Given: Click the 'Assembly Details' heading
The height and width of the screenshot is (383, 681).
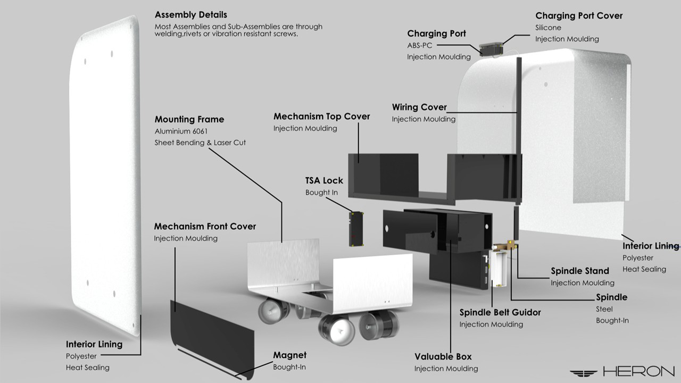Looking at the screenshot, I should (190, 15).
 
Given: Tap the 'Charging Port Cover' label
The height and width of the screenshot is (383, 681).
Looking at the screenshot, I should (579, 16).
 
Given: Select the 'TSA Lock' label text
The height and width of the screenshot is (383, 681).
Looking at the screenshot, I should (324, 180).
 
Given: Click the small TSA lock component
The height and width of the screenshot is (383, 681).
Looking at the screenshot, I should (356, 229).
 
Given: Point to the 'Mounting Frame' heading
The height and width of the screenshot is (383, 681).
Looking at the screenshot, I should (189, 120).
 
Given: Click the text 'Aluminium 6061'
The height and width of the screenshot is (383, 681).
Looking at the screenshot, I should (180, 131).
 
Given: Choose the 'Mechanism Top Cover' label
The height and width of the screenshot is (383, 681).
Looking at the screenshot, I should (321, 116).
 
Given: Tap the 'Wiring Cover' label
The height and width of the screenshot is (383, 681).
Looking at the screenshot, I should (419, 107).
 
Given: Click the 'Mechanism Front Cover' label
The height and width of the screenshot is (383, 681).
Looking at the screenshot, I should (205, 227).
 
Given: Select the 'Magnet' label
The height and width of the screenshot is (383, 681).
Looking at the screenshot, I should (289, 355).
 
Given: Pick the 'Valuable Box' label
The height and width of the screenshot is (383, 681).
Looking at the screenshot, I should (443, 356).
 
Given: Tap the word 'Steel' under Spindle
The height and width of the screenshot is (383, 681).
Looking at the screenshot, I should (604, 309).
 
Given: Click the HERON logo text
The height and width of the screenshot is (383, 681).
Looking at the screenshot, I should (638, 371).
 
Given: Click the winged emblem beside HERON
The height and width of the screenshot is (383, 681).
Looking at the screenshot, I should (584, 372).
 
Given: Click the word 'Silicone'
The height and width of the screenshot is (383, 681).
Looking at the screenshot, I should (548, 28).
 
